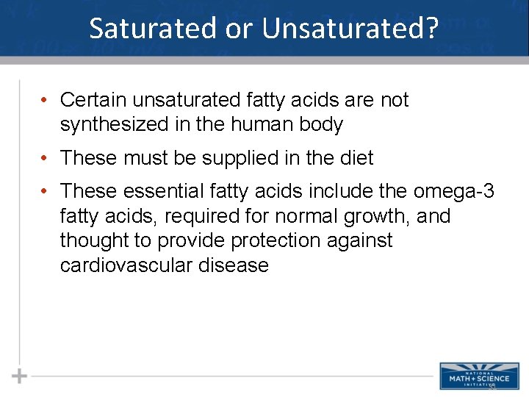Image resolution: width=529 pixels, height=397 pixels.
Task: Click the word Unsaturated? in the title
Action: [x=350, y=28]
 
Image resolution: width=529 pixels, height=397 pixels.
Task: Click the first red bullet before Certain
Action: [x=46, y=100]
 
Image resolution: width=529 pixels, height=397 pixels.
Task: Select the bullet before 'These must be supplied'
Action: [x=46, y=158]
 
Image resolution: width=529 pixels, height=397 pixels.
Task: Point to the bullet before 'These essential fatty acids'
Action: [x=46, y=192]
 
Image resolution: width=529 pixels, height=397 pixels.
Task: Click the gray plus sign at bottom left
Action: [x=20, y=376]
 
